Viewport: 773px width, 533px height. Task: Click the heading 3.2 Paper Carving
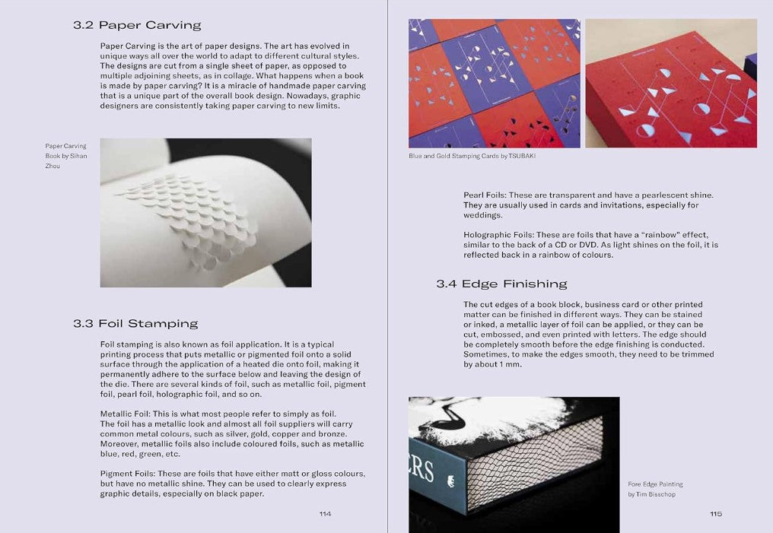point(137,25)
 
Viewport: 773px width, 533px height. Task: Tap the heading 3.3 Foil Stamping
point(135,324)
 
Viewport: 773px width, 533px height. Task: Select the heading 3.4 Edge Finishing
point(502,284)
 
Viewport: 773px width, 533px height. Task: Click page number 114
point(325,514)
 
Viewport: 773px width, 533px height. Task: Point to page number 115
point(716,514)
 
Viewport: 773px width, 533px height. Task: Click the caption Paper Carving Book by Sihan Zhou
point(66,156)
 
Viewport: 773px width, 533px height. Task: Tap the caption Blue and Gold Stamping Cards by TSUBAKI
point(472,156)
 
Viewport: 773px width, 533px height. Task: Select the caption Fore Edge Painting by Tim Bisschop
point(655,489)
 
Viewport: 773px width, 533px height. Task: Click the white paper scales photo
point(205,213)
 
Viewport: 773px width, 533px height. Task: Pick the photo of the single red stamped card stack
point(671,83)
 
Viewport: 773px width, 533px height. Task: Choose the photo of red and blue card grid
point(495,83)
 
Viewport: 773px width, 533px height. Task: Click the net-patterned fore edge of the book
point(535,458)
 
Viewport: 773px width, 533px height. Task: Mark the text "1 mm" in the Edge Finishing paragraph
point(511,364)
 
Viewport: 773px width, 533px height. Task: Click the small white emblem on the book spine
point(450,481)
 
